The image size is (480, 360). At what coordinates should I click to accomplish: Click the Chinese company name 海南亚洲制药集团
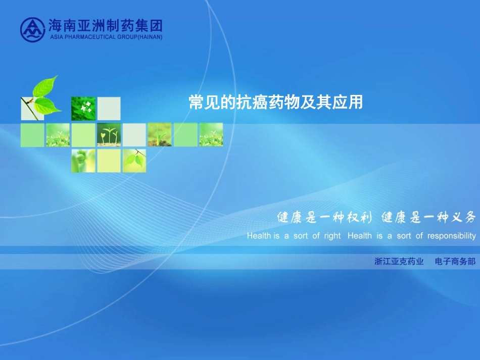point(105,25)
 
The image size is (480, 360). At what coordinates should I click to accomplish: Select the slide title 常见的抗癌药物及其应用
point(275,102)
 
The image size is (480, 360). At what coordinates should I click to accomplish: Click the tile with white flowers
point(83,109)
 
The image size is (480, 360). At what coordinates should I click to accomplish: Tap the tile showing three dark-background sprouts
point(109,135)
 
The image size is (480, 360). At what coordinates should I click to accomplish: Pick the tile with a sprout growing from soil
point(160,135)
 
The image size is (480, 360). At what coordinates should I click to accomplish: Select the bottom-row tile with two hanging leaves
point(134,161)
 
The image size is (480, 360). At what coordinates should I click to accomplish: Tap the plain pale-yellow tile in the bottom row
point(109,161)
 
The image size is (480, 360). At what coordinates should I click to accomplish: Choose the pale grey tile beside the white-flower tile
point(109,109)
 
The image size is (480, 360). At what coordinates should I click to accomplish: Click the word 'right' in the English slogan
point(332,236)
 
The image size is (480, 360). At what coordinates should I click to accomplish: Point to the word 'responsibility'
point(451,236)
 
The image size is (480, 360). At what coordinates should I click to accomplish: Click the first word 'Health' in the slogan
point(259,236)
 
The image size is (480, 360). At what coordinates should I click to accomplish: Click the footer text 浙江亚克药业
point(399,262)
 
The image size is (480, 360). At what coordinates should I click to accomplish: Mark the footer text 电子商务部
point(455,262)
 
